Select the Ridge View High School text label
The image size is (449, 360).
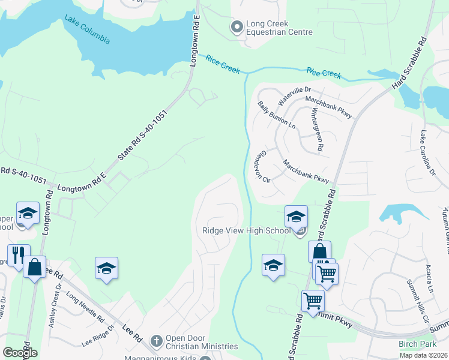point(247,231)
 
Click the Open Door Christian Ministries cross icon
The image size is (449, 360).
point(156,341)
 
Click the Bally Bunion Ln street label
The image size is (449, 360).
point(276,115)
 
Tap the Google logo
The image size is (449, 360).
point(20,353)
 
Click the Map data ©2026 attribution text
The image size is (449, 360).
point(423,355)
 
